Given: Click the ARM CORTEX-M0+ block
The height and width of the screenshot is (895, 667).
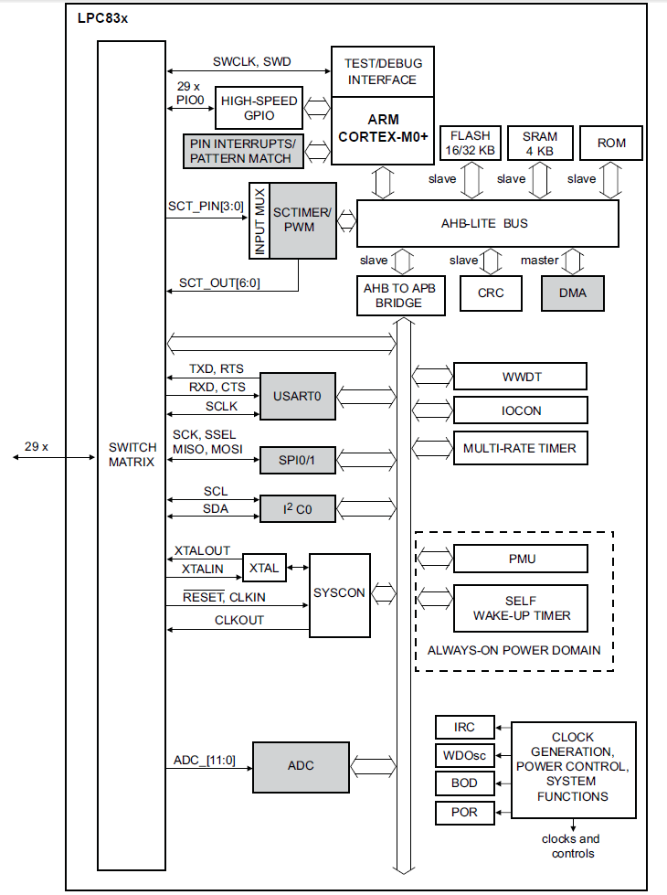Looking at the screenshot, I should [382, 128].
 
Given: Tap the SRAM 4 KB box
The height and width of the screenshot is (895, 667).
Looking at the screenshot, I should [540, 143].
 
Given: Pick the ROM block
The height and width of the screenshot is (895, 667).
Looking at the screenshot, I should [611, 144].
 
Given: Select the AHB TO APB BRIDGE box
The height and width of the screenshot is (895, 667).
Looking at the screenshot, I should [399, 295].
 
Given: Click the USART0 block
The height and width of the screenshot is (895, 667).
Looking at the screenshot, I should [297, 397].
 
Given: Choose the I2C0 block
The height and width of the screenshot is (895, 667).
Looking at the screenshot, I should [295, 509].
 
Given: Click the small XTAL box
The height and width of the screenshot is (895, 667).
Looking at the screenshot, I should [264, 568].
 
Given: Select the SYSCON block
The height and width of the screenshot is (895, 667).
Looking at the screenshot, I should [339, 593].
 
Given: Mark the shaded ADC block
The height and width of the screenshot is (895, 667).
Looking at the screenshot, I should [301, 765].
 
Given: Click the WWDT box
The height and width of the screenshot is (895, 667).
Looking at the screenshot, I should [520, 377].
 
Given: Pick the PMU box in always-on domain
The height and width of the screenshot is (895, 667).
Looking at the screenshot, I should [520, 558].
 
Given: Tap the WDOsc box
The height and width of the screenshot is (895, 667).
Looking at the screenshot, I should [465, 755].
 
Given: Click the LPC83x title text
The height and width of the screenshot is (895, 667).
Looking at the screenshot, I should [102, 17].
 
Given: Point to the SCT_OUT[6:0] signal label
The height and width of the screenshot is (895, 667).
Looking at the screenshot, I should [219, 282].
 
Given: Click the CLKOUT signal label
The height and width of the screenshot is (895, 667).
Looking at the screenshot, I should [238, 620].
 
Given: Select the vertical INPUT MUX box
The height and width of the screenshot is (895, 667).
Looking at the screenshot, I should [259, 221].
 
